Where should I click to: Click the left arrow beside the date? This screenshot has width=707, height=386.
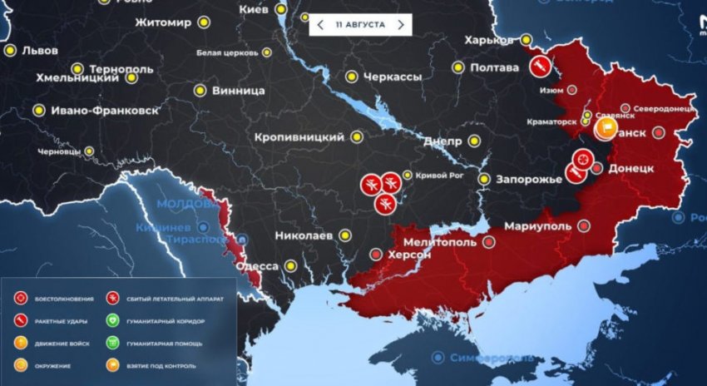click(320, 25)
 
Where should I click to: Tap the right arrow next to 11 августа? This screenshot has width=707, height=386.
click(400, 25)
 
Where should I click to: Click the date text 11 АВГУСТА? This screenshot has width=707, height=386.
click(359, 25)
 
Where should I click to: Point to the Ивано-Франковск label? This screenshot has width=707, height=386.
click(95, 110)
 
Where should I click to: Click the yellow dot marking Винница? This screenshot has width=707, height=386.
click(200, 90)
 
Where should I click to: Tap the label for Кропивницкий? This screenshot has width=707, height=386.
click(299, 136)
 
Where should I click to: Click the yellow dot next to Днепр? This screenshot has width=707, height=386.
click(474, 141)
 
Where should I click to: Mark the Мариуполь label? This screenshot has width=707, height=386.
click(536, 225)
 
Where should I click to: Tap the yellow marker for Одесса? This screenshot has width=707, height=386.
click(290, 266)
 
